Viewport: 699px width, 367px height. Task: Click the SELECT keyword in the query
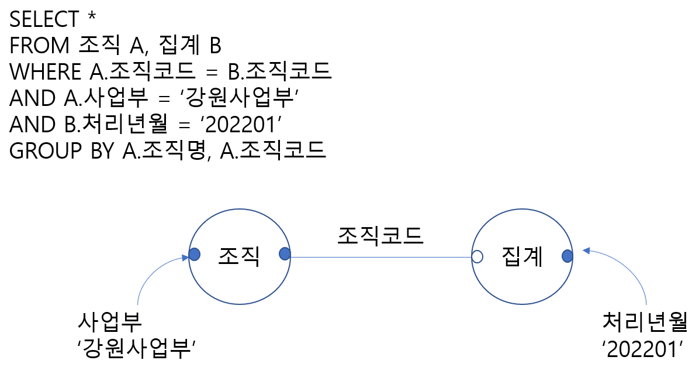[44, 19]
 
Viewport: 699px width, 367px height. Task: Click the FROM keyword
[40, 46]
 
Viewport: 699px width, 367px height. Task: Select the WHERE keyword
[46, 72]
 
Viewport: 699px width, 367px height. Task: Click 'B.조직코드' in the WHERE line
[279, 72]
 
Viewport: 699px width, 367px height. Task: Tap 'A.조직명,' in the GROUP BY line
[167, 150]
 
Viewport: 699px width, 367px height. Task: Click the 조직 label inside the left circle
[239, 255]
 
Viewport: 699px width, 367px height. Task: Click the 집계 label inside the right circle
[522, 256]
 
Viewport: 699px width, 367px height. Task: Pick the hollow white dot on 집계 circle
[477, 256]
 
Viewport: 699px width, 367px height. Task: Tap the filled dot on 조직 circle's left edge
[195, 255]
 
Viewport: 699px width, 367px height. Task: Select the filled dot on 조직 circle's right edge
[285, 254]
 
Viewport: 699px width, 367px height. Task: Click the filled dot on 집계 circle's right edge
[567, 256]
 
